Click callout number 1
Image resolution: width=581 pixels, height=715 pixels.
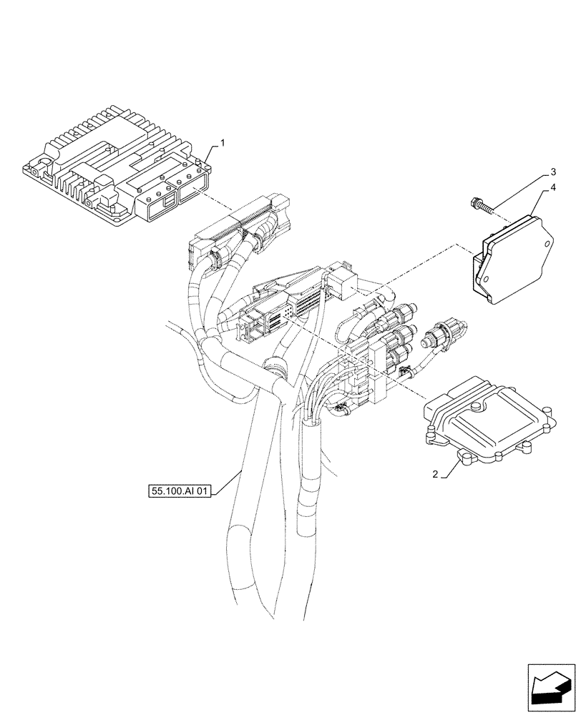pyautogui.click(x=223, y=143)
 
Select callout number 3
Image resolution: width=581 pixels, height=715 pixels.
pyautogui.click(x=553, y=172)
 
